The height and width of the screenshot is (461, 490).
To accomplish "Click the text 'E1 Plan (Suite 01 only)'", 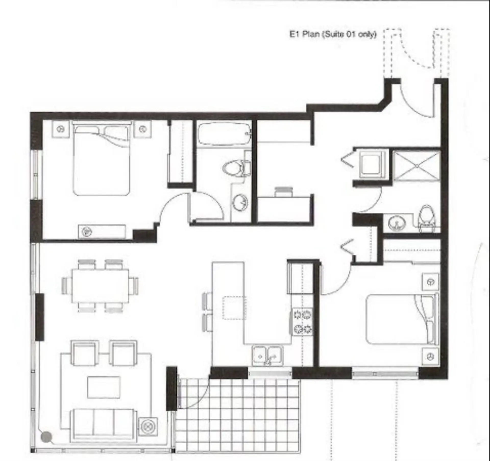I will click(333, 34).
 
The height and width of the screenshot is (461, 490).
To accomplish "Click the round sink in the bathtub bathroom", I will click(240, 202).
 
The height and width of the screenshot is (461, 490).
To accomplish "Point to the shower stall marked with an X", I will click(416, 166).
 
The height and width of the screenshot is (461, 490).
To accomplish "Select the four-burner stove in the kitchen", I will click(302, 322).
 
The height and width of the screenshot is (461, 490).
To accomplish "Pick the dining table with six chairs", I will click(100, 286).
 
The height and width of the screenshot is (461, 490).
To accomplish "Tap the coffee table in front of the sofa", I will click(104, 387).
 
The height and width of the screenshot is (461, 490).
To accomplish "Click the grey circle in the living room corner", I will click(46, 436).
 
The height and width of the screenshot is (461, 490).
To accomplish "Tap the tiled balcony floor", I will click(237, 419).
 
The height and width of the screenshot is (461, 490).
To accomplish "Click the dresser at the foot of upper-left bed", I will click(102, 232).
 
